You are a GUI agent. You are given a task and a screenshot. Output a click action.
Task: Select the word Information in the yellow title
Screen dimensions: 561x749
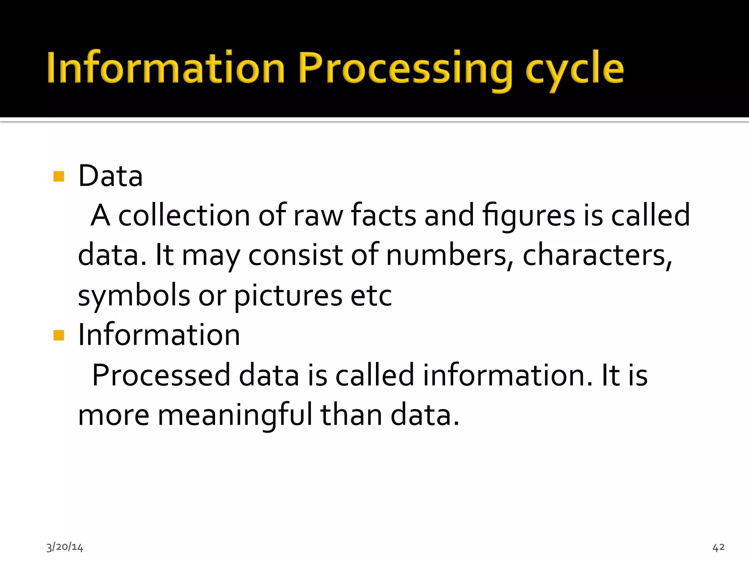(166, 68)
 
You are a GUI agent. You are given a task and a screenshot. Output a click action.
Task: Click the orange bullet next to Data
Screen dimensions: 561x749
(59, 176)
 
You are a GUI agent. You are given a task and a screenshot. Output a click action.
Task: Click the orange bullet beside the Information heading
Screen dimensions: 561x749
(59, 335)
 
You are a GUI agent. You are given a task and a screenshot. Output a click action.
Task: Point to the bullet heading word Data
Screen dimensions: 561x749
(110, 176)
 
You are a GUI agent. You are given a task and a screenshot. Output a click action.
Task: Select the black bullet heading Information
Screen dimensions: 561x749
(159, 335)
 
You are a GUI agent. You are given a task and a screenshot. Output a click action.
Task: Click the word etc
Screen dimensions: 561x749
(371, 296)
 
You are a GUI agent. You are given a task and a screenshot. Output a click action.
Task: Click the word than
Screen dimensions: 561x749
(351, 415)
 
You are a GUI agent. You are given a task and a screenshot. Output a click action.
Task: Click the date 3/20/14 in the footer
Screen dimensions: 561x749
(65, 547)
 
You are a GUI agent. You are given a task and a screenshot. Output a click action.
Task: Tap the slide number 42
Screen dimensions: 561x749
(718, 547)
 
